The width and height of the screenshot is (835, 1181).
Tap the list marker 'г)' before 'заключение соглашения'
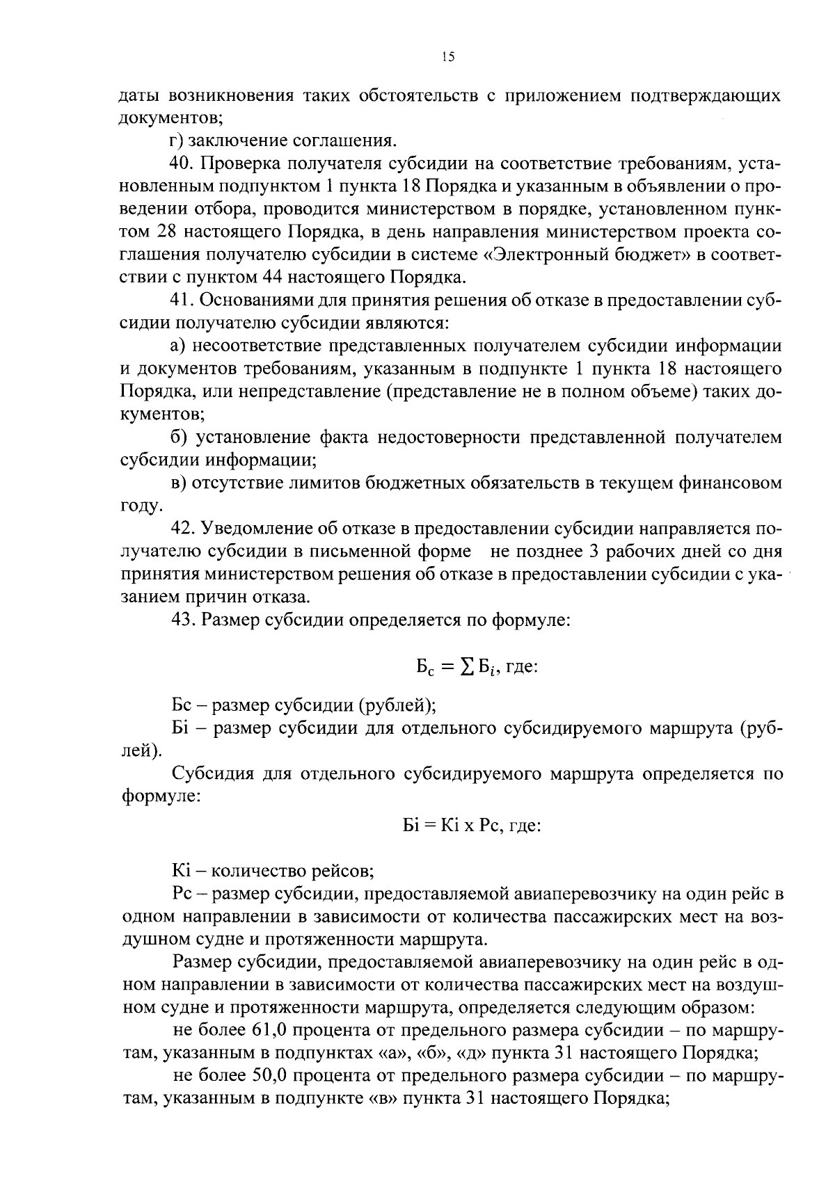point(177,141)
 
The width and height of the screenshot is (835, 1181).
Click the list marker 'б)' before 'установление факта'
point(178,437)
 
